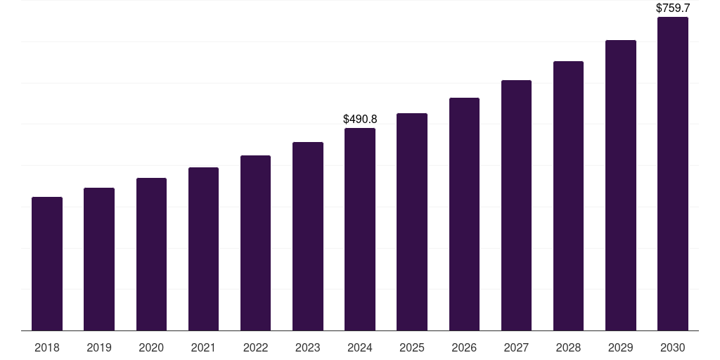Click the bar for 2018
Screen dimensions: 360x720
coord(47,264)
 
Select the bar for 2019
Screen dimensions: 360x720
coord(99,259)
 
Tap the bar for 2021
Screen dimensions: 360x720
coord(203,249)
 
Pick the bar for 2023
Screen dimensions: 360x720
coord(308,236)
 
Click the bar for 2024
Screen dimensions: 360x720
coord(360,229)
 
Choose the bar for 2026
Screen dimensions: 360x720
coord(464,214)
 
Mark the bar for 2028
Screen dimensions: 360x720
coord(568,196)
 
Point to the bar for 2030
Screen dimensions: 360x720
coord(673,174)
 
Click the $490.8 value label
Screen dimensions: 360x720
coord(360,120)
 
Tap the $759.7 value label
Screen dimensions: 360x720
coord(673,8)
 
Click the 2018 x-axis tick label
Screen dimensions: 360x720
coord(47,347)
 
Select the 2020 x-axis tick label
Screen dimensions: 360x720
coord(151,347)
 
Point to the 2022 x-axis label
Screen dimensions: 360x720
coord(255,347)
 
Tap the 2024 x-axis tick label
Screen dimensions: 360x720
coord(360,347)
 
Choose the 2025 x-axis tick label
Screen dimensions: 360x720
coord(412,347)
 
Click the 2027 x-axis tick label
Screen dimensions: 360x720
coord(516,347)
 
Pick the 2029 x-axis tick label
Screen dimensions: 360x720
coord(621,347)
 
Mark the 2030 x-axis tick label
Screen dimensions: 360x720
coord(673,347)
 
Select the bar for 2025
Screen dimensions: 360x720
coord(412,222)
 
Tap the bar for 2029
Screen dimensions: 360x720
coord(621,186)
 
